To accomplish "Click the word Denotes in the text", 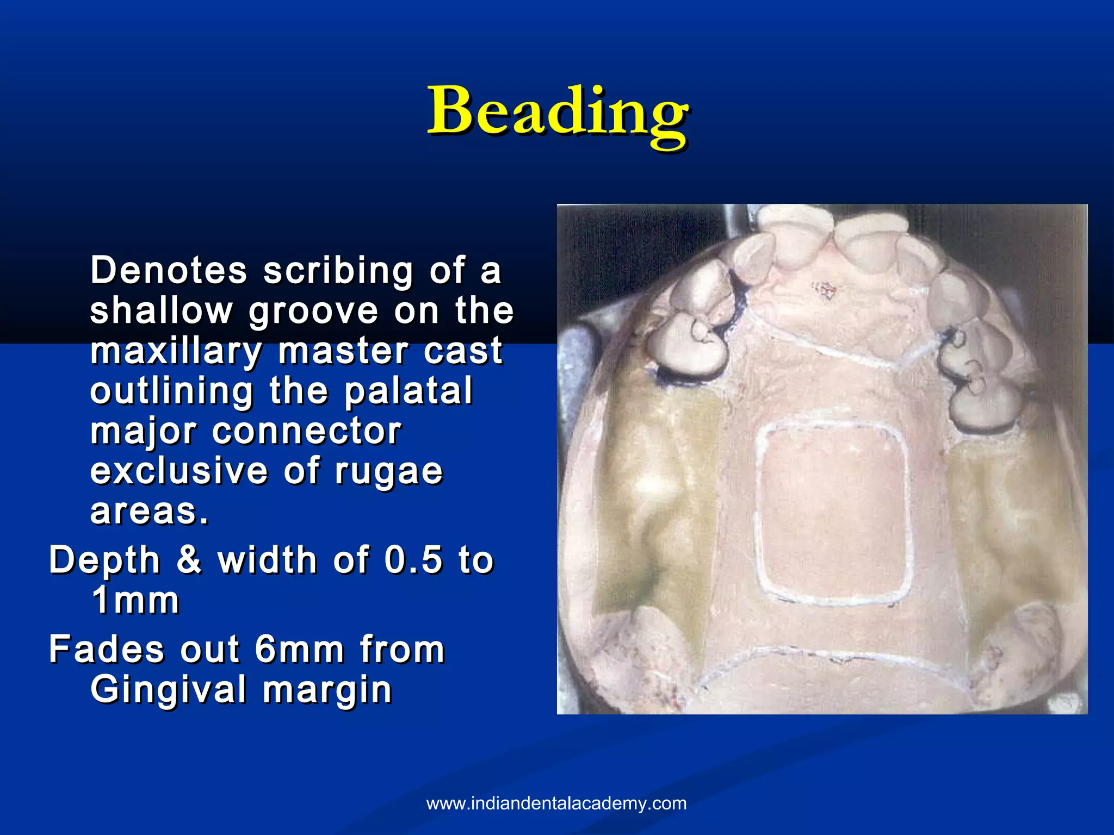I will coord(169,270).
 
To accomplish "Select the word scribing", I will coord(338,271).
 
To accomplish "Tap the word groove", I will coord(313,311).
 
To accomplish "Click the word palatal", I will coord(409,391).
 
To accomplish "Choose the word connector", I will coord(307,431).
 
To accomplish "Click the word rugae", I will coord(389,472).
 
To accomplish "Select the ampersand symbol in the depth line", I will coord(189,560).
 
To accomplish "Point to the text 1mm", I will coord(135,600).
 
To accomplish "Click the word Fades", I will coord(106,649).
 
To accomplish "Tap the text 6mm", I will coord(299,649).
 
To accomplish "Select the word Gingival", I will coord(168,690).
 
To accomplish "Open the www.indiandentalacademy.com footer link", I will coord(556,803).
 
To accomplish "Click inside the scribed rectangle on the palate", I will coord(832,514).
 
